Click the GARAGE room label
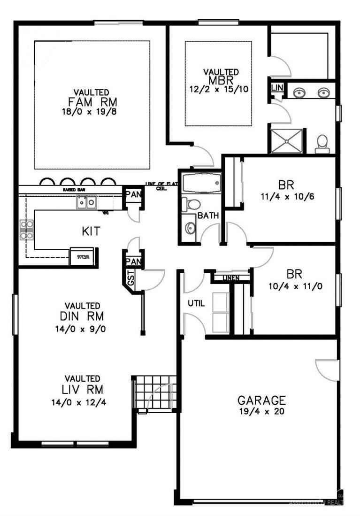(261, 400)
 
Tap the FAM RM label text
(92, 102)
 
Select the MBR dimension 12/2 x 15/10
(221, 88)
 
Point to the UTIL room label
(196, 303)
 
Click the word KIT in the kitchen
(91, 231)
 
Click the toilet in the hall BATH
(192, 204)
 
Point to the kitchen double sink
(87, 202)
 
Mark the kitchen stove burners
(26, 230)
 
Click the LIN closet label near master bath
(277, 88)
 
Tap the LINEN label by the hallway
(230, 278)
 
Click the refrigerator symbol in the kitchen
(84, 257)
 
